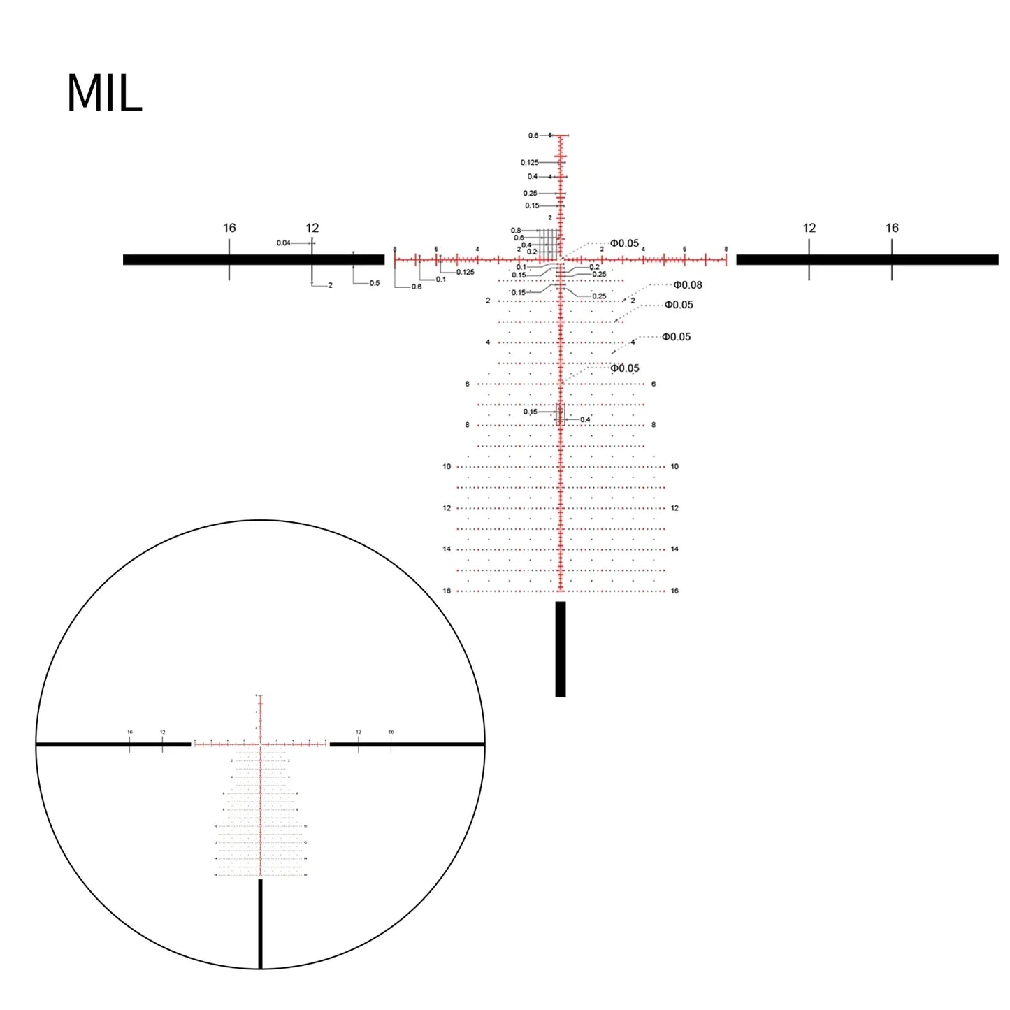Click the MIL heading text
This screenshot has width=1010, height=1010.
104,94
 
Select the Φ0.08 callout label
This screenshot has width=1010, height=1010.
687,285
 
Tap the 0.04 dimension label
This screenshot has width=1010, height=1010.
283,243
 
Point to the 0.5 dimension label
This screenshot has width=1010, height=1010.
375,283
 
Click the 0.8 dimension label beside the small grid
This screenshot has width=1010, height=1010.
516,231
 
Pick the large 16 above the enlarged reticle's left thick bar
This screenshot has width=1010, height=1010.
229,229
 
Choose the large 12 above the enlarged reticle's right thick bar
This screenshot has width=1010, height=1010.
809,229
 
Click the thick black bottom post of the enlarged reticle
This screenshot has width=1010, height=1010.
560,649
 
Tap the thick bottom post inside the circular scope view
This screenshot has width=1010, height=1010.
261,923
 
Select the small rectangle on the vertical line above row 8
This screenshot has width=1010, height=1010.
560,414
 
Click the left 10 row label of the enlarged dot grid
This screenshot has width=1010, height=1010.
447,467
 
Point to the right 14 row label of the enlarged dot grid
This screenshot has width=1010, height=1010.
674,549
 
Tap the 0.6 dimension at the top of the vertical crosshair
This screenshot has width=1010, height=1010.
533,136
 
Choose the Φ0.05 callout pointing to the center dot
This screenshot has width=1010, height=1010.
624,244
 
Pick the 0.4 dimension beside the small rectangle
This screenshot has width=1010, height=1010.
585,420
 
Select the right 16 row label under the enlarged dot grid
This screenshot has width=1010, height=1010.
674,591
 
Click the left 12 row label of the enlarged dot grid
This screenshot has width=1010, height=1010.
447,509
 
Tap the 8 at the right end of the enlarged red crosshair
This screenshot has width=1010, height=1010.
726,250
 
